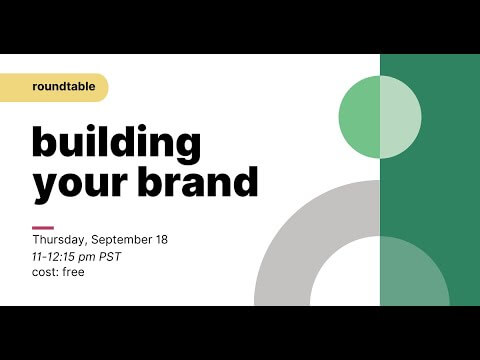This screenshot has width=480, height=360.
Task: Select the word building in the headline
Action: point(116,143)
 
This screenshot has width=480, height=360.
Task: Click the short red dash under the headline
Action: point(42,227)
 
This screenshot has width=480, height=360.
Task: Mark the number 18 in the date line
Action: point(160,241)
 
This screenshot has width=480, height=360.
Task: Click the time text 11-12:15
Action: point(56,257)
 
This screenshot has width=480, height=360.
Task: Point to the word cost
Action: point(44,272)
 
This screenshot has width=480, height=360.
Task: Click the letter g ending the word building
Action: point(187,146)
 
